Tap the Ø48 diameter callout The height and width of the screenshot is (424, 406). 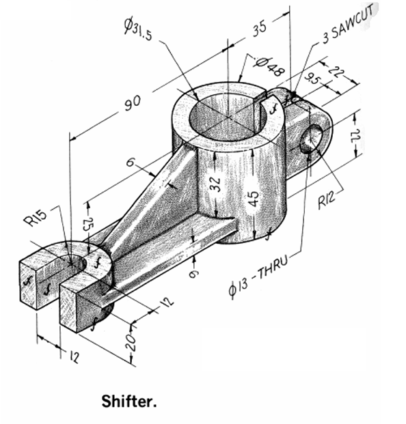pyautogui.click(x=269, y=66)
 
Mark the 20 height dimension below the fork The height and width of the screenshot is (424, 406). pyautogui.click(x=133, y=339)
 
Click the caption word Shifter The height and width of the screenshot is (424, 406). pyautogui.click(x=129, y=399)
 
